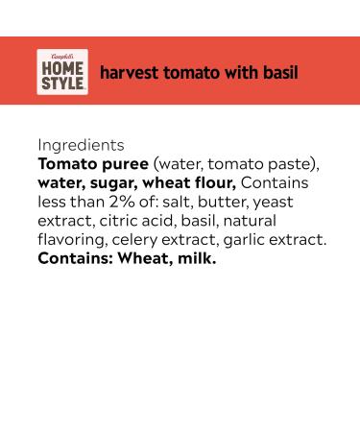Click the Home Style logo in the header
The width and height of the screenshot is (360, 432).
coord(62,72)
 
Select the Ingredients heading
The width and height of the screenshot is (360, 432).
coord(81,145)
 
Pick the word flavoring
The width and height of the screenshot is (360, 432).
coord(72,239)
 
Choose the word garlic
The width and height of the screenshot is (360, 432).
coord(246,239)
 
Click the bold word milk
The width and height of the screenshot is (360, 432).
coord(194,257)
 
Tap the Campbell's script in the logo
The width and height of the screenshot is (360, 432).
coord(62,58)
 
